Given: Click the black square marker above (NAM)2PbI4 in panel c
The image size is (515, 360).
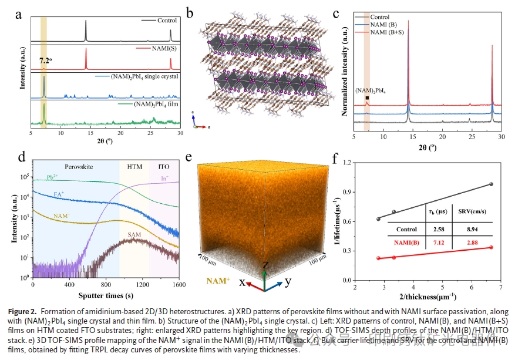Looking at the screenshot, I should point(367,98).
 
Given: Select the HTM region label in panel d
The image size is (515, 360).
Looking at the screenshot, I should point(134,167).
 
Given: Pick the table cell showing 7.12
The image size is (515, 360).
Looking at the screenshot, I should point(436,243).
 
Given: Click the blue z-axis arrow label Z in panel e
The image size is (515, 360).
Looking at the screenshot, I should point(265,266).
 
